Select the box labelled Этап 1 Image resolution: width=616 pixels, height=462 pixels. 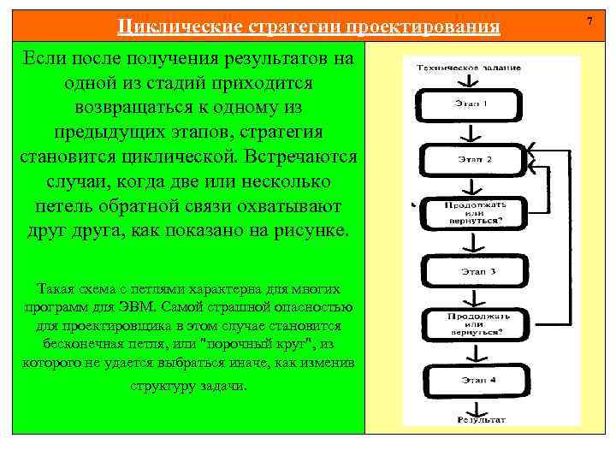pos(470,106)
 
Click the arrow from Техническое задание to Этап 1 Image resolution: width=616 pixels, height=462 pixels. pos(468,80)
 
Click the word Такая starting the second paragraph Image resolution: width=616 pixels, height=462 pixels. pos(58,288)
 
